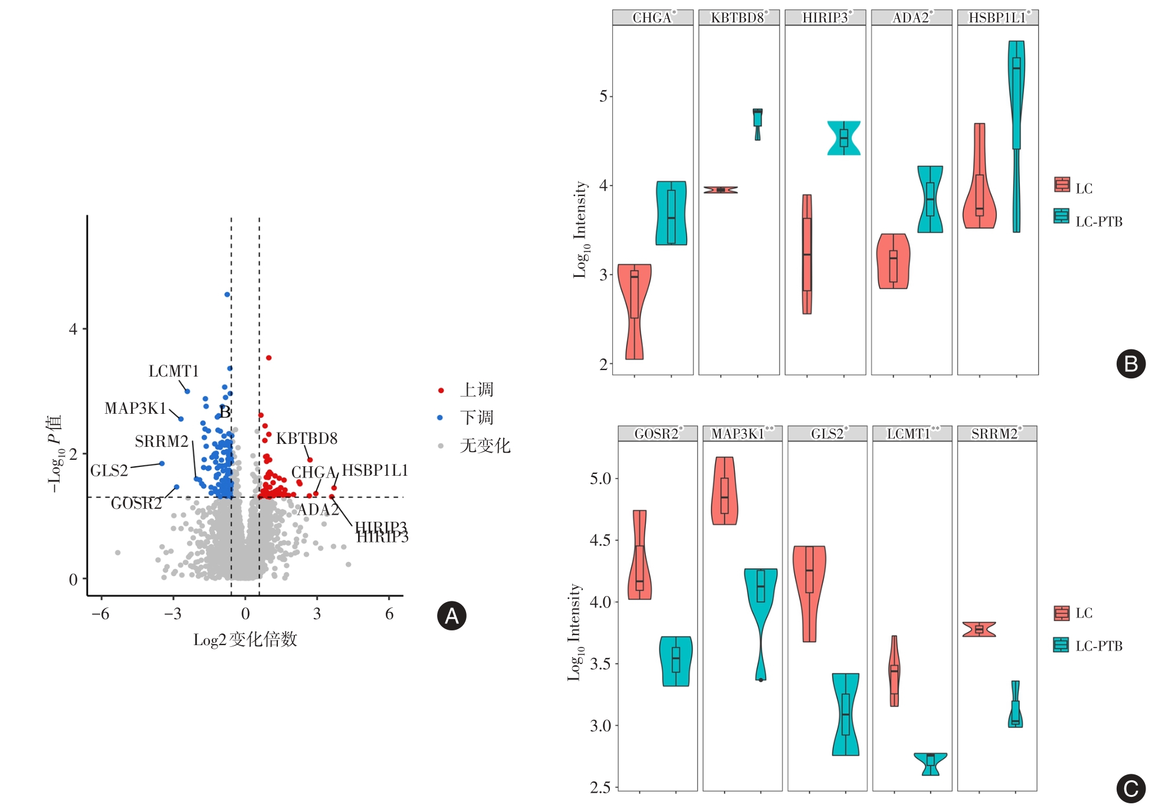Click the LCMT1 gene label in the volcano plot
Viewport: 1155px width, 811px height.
(173, 371)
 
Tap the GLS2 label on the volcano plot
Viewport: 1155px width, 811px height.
(109, 471)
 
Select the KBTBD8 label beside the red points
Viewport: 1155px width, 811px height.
(307, 439)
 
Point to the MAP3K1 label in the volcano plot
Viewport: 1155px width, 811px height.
(136, 408)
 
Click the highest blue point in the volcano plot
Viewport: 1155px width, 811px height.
(227, 295)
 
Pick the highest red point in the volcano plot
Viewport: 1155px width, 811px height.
(268, 358)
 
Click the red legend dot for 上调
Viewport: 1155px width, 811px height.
(441, 390)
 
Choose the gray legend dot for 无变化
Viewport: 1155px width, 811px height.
(441, 446)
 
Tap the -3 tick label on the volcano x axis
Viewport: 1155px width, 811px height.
(173, 614)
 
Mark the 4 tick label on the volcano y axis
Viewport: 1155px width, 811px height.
(73, 329)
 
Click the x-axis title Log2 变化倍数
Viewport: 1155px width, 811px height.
(245, 640)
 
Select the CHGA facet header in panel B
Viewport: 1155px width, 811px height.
(653, 18)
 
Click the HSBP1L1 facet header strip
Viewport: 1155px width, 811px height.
(998, 18)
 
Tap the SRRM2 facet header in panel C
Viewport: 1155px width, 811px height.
(996, 434)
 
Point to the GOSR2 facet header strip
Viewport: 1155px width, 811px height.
(658, 434)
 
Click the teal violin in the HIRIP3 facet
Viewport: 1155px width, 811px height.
(844, 138)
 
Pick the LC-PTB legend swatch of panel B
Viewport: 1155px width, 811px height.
(1061, 216)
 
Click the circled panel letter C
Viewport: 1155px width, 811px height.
(1131, 789)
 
